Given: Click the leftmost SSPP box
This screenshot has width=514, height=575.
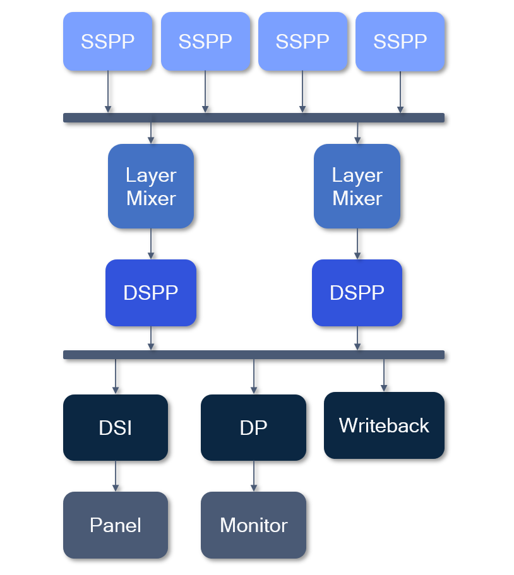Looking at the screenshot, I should (x=107, y=42).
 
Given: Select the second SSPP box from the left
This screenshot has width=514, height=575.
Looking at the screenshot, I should (x=205, y=42).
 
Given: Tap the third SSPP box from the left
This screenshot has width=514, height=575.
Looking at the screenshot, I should (x=302, y=42).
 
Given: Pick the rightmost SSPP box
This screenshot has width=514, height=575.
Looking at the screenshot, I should (x=400, y=42).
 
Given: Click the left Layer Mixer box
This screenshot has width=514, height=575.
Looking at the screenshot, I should (x=151, y=186).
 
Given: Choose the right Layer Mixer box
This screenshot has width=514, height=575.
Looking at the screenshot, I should (x=357, y=186).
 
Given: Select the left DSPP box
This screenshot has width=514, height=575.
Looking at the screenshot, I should (x=151, y=293).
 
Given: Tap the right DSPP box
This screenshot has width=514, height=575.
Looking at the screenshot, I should (x=357, y=293).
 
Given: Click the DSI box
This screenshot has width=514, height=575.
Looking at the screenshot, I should (x=116, y=427).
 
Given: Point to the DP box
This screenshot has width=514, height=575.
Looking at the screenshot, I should (x=253, y=427).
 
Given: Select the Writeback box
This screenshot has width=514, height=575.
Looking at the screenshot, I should (x=384, y=425).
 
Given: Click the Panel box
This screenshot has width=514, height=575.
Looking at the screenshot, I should (x=116, y=525).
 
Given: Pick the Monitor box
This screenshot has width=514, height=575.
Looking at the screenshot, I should (x=253, y=525).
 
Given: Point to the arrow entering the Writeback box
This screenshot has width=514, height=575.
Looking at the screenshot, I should (x=384, y=376).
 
